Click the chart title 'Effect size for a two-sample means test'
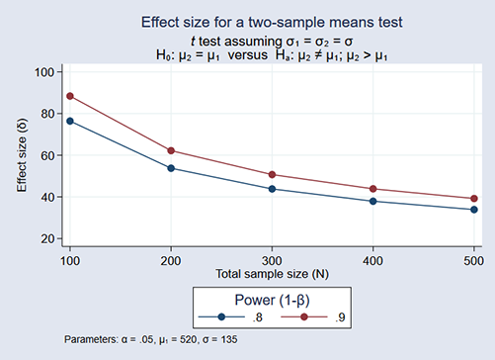269,21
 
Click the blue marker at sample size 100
69,121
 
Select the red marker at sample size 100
69,96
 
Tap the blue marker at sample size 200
171,168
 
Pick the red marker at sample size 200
171,150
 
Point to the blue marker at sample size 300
272,189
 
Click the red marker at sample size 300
272,174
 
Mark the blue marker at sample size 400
372,201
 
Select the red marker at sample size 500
474,199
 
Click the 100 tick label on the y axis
44,71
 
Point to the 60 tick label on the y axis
47,155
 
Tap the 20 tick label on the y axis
47,238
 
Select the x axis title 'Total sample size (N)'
272,271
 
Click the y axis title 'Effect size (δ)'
22,155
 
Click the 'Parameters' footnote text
150,339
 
